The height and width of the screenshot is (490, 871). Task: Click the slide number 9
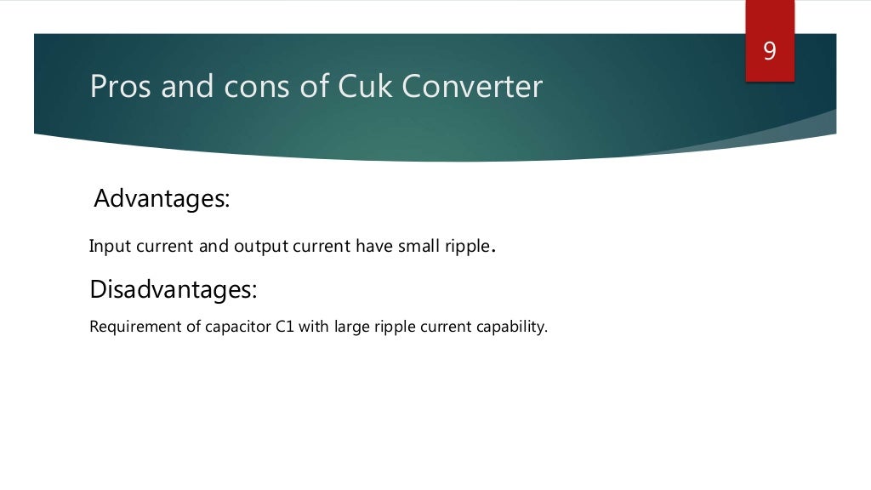[770, 52]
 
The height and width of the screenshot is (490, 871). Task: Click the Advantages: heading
[162, 199]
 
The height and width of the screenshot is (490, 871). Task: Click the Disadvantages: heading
[173, 289]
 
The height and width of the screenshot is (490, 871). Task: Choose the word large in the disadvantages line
[353, 327]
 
